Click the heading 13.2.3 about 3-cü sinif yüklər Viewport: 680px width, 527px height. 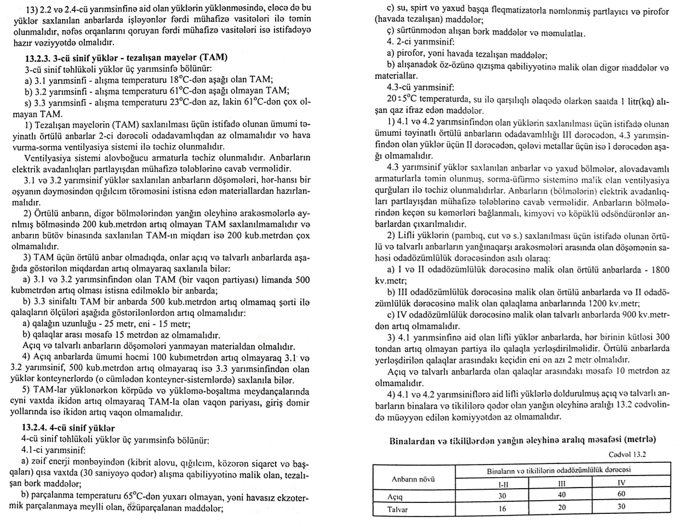pos(125,58)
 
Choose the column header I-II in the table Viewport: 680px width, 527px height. pos(502,484)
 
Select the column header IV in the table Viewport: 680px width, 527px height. pos(621,484)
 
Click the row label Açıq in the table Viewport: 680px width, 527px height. pos(395,496)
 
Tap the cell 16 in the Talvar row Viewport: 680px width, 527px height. pos(502,509)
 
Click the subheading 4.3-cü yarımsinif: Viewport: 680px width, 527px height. pos(420,87)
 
